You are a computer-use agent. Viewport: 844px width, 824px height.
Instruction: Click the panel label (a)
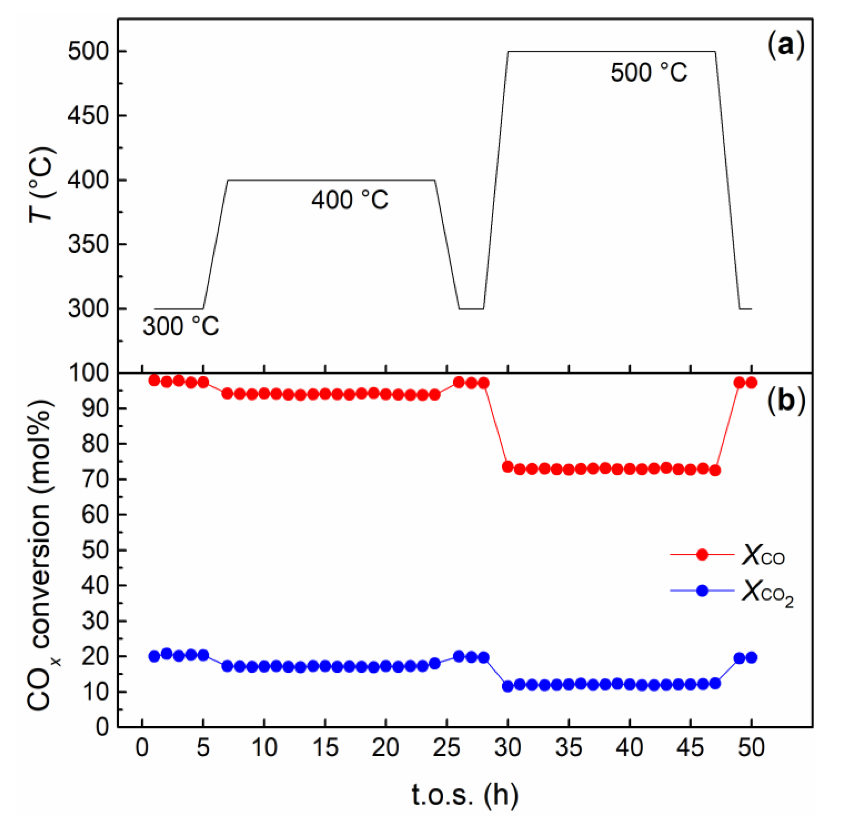point(786,46)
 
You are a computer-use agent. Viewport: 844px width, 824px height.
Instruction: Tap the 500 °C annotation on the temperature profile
point(648,72)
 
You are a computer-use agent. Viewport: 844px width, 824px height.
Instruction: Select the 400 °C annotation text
point(350,200)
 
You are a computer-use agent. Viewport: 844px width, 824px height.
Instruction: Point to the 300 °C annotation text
point(181,326)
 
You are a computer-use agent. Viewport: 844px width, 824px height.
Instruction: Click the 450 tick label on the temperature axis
point(88,115)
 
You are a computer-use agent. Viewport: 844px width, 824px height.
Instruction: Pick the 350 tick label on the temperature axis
point(88,245)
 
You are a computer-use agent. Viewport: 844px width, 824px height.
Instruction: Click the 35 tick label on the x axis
point(569,747)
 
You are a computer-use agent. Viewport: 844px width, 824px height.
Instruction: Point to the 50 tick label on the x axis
point(752,747)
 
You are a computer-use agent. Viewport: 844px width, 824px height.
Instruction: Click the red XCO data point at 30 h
point(508,466)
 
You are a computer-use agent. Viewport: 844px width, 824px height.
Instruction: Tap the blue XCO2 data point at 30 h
point(508,686)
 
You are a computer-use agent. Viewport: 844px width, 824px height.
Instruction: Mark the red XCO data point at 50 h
point(752,383)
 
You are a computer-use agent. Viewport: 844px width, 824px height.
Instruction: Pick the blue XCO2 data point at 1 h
point(155,656)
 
